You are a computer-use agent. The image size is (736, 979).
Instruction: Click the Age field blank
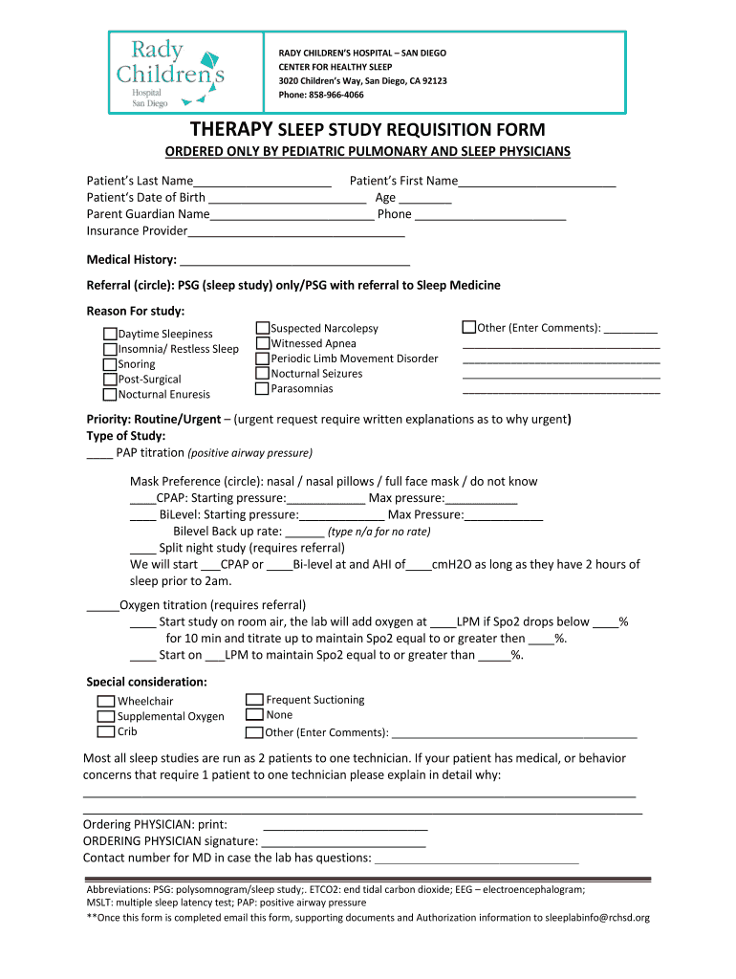(425, 199)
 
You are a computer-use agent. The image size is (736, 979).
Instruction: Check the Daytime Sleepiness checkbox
(110, 334)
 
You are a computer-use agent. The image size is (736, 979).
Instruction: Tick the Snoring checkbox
(110, 364)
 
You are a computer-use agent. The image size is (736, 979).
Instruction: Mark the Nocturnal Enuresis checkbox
(110, 394)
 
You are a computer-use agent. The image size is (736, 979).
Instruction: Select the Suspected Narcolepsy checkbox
(263, 328)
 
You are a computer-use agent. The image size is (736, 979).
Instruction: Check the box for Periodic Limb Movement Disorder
(263, 359)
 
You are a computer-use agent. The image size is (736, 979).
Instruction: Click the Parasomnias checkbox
(263, 389)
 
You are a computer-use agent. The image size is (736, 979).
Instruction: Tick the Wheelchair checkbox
(105, 701)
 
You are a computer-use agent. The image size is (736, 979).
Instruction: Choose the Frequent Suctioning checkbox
(254, 700)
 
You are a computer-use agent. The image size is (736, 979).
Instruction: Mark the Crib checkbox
(105, 731)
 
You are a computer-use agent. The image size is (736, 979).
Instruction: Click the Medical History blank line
(294, 260)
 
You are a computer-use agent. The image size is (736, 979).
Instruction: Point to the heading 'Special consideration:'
(147, 682)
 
